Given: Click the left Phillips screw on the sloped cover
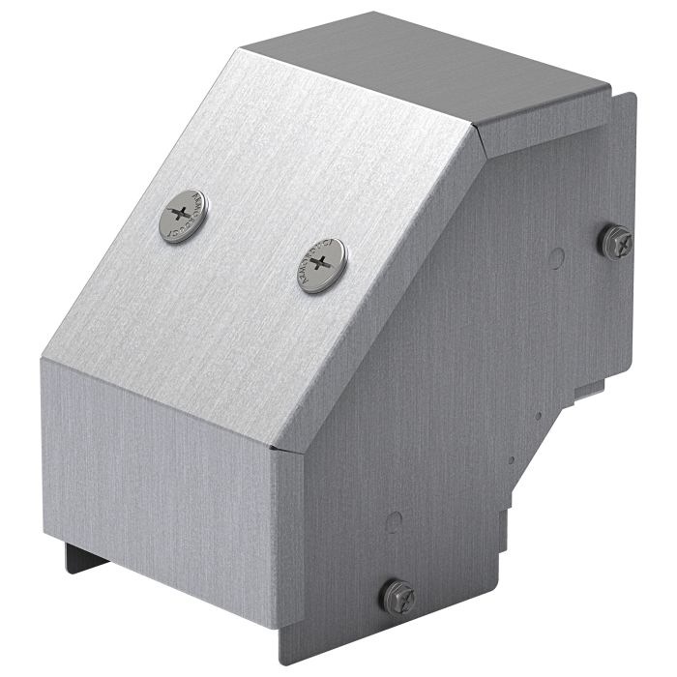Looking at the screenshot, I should [x=183, y=216].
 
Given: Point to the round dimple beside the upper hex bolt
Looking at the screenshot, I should [x=556, y=258].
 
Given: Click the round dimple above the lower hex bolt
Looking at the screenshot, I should [x=394, y=523].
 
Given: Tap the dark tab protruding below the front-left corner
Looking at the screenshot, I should [x=77, y=558].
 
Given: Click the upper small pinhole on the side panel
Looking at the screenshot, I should [x=538, y=417].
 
